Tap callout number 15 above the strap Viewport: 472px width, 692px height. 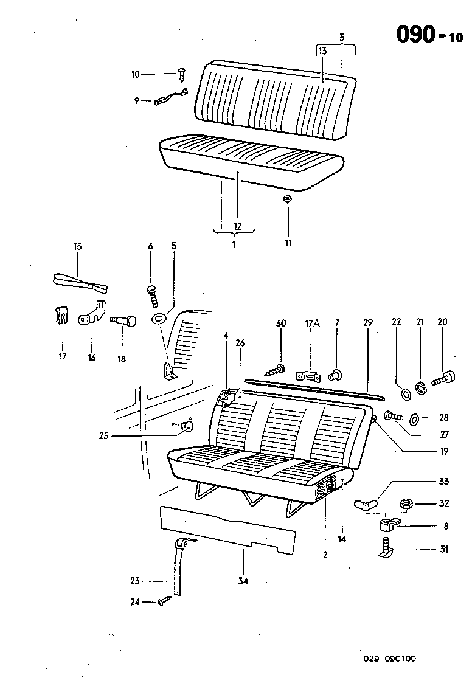click(x=77, y=246)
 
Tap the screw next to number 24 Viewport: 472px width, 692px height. click(x=164, y=601)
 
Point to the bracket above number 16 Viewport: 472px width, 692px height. click(x=92, y=313)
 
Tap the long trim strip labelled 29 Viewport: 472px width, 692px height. click(x=313, y=387)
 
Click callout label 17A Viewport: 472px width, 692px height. click(x=311, y=323)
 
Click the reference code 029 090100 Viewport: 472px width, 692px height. click(x=390, y=659)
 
